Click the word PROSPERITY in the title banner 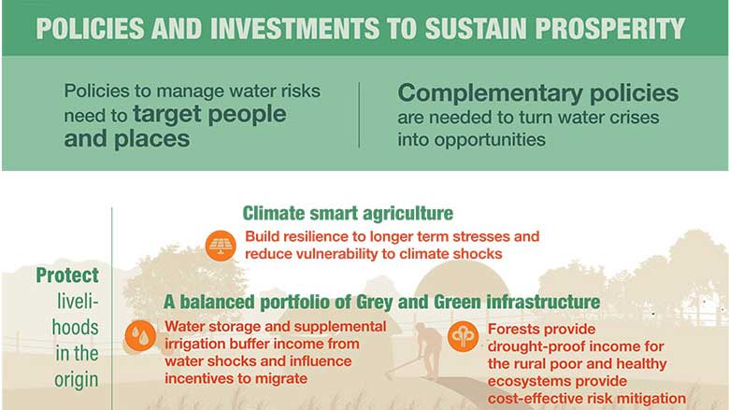point(610,28)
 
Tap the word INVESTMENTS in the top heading point(294,28)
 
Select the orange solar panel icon point(221,246)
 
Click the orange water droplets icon point(140,335)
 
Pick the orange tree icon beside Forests point(463,336)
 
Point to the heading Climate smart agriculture point(348,214)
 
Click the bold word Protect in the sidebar point(67,276)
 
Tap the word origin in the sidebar point(77,380)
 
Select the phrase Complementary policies point(538,92)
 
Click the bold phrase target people point(209,114)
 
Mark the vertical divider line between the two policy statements point(359,115)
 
